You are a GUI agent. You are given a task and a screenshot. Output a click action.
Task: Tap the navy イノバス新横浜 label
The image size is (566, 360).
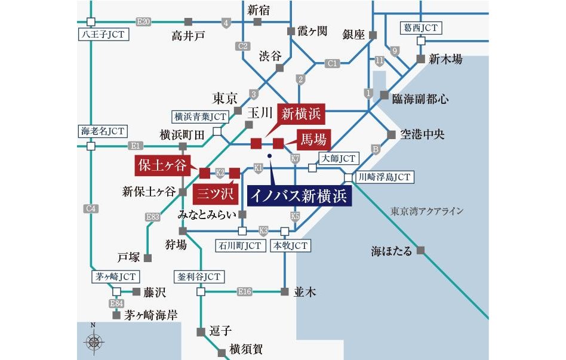[x=299, y=195]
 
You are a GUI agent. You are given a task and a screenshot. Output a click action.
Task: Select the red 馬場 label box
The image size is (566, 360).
[x=313, y=140]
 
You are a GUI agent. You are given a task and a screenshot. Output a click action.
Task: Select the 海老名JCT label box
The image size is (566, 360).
[x=101, y=130]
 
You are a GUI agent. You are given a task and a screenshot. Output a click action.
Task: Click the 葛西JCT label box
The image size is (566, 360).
[x=421, y=27]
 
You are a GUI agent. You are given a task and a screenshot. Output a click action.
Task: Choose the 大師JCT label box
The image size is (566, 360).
[x=338, y=158]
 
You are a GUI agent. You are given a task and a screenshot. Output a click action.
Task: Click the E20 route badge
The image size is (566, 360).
[x=144, y=21]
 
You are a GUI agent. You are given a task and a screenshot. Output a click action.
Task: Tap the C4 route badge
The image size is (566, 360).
[x=91, y=208]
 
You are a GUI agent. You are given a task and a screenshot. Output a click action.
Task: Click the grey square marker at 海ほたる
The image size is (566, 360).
[x=421, y=251]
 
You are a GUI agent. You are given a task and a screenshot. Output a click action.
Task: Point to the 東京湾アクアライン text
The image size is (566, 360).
[x=427, y=211]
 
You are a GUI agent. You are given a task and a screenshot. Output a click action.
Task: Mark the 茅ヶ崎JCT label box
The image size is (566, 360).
[x=116, y=277]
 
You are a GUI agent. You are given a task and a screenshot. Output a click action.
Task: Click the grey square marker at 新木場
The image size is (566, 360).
[x=420, y=59]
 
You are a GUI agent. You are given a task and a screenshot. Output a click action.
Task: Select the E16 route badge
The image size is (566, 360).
[x=244, y=291]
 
